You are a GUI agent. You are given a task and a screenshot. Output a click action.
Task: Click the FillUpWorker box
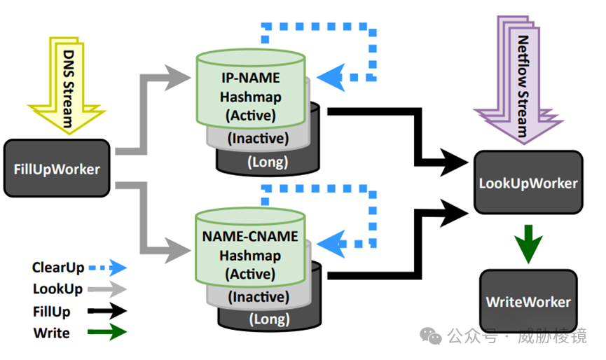(57, 168)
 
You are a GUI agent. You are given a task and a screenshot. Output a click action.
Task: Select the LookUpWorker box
(528, 182)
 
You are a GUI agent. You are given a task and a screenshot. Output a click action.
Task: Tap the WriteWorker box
(528, 302)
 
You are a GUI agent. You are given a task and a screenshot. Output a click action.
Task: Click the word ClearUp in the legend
(58, 267)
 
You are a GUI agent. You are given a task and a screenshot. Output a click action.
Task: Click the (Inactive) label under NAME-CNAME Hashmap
(258, 297)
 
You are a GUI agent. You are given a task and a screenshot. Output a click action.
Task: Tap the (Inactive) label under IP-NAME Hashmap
(258, 139)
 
